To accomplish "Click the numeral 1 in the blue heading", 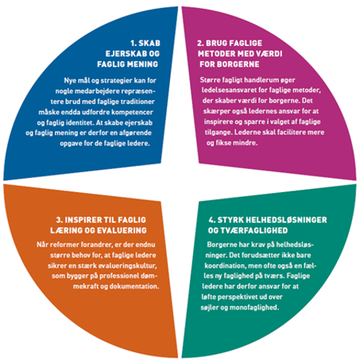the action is [x=133, y=43].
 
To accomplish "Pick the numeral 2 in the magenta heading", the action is [x=200, y=43].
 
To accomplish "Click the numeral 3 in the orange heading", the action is [x=59, y=220].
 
